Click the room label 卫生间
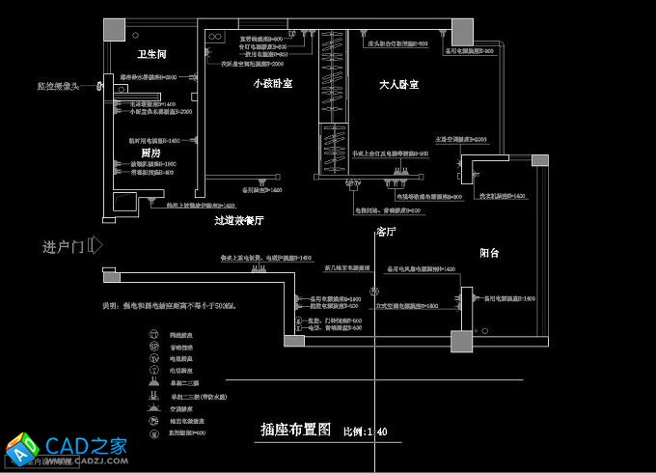pyautogui.click(x=151, y=53)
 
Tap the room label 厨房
pyautogui.click(x=150, y=153)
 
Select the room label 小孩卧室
pyautogui.click(x=273, y=85)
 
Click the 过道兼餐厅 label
pyautogui.click(x=239, y=221)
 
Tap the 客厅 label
pyautogui.click(x=387, y=233)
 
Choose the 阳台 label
pyautogui.click(x=490, y=253)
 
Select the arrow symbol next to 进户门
pyautogui.click(x=96, y=245)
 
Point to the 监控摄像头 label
pyautogui.click(x=59, y=86)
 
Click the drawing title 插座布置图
pyautogui.click(x=296, y=430)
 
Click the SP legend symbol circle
pyautogui.click(x=152, y=345)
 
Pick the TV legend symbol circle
pyautogui.click(x=152, y=357)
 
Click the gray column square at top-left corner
pyautogui.click(x=115, y=28)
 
